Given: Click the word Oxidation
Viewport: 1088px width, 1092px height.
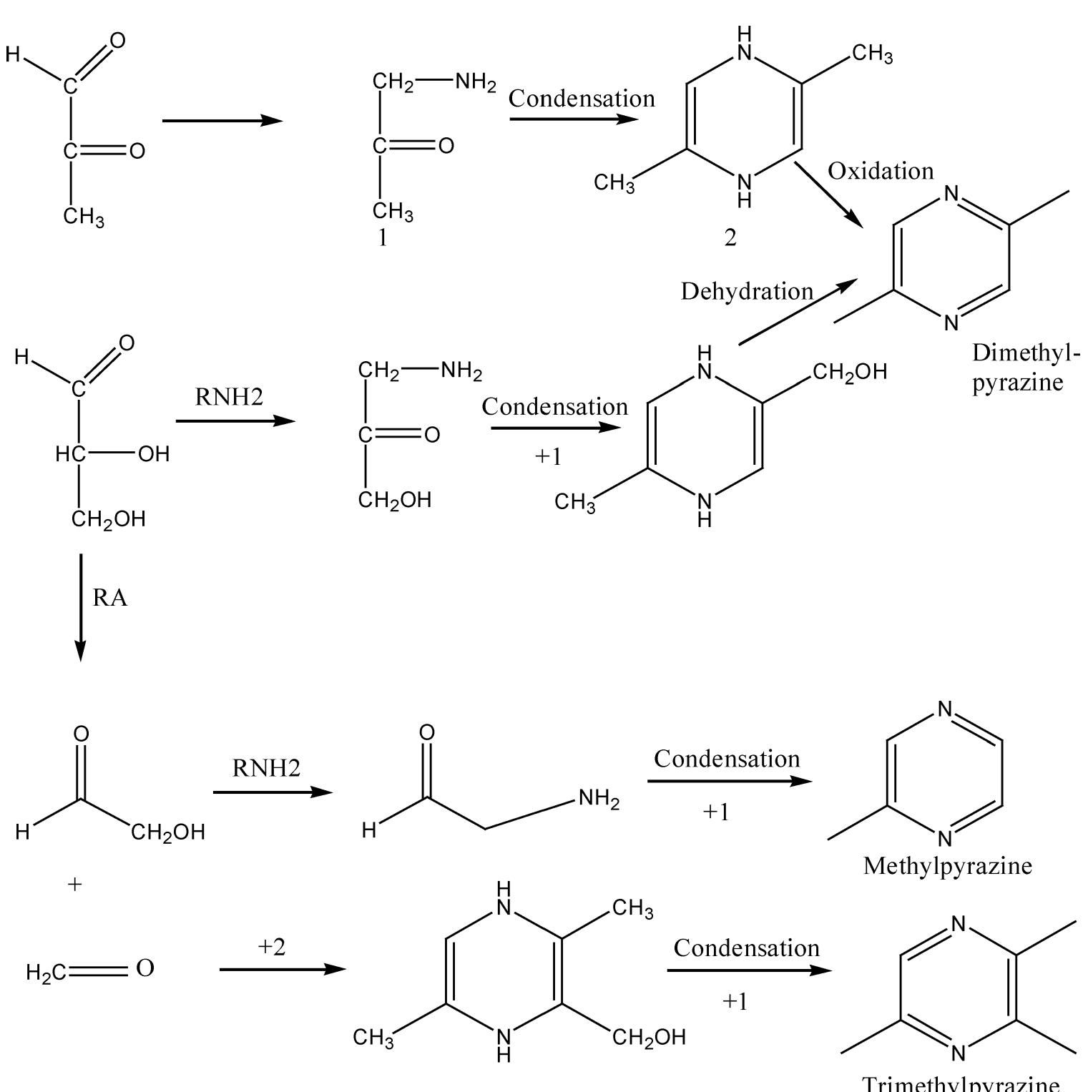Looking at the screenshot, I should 881,171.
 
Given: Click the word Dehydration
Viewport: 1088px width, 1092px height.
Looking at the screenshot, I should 747,291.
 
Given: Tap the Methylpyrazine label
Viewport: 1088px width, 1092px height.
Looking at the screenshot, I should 947,866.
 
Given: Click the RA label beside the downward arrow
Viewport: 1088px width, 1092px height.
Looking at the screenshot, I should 109,598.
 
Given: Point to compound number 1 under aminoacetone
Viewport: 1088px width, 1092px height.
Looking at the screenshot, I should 383,239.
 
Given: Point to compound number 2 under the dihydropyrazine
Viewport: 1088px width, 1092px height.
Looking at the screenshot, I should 730,239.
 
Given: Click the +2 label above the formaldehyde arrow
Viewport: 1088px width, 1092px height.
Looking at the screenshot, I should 272,947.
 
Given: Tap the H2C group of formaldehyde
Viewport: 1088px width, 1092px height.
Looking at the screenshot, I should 46,973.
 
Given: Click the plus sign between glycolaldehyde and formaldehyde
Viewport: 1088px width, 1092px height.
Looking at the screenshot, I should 75,885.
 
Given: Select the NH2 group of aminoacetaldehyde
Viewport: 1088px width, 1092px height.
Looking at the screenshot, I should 599,799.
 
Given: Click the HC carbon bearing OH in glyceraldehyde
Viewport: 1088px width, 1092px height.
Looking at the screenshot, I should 70,453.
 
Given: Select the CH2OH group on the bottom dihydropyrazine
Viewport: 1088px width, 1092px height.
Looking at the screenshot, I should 649,1037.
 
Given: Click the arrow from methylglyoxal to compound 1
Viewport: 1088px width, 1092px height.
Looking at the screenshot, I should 222,120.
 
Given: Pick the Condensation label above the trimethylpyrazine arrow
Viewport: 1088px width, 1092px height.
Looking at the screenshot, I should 746,948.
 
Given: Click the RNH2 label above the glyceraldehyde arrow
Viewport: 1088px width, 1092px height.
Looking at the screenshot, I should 229,397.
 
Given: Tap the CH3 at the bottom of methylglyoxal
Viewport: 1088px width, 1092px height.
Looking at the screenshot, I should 83,216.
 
